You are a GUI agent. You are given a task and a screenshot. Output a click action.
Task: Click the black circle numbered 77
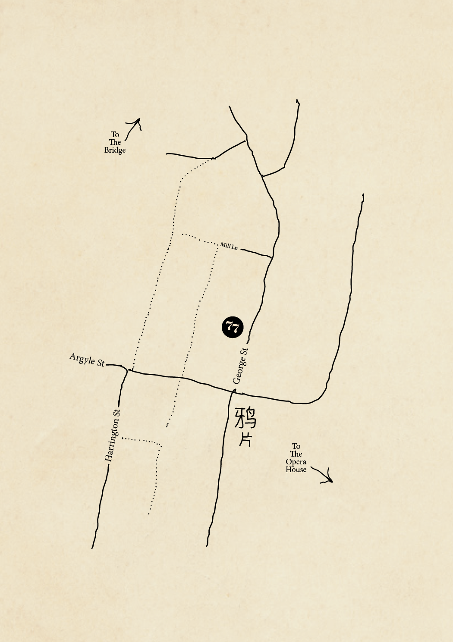tap(233, 327)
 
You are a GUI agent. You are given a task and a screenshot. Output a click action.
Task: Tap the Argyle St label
tap(87, 360)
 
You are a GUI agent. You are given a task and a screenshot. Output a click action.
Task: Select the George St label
tap(240, 366)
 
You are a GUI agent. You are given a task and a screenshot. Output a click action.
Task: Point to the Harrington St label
tap(113, 435)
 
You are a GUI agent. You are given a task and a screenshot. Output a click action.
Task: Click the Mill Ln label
tap(229, 246)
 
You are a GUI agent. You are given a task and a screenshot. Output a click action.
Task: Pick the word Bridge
tap(115, 150)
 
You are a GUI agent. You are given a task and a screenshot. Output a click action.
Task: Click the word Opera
tap(296, 462)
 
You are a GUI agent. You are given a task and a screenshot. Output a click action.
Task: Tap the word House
tap(296, 470)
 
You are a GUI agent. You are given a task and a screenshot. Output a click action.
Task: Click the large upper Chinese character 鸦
tap(245, 418)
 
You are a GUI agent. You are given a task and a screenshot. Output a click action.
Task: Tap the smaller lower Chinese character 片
tap(245, 440)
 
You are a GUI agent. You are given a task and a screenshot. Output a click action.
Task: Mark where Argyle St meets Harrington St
tap(127, 370)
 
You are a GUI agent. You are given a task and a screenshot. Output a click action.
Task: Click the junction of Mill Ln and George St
tap(272, 257)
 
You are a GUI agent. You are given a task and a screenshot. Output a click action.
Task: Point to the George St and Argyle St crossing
tap(235, 391)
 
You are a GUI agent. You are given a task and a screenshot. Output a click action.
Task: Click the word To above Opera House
tap(296, 446)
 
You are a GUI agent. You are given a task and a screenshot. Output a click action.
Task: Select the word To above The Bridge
tap(115, 135)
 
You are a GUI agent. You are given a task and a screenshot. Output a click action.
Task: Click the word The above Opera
tap(296, 454)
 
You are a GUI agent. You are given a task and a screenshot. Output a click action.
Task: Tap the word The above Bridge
tap(115, 142)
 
